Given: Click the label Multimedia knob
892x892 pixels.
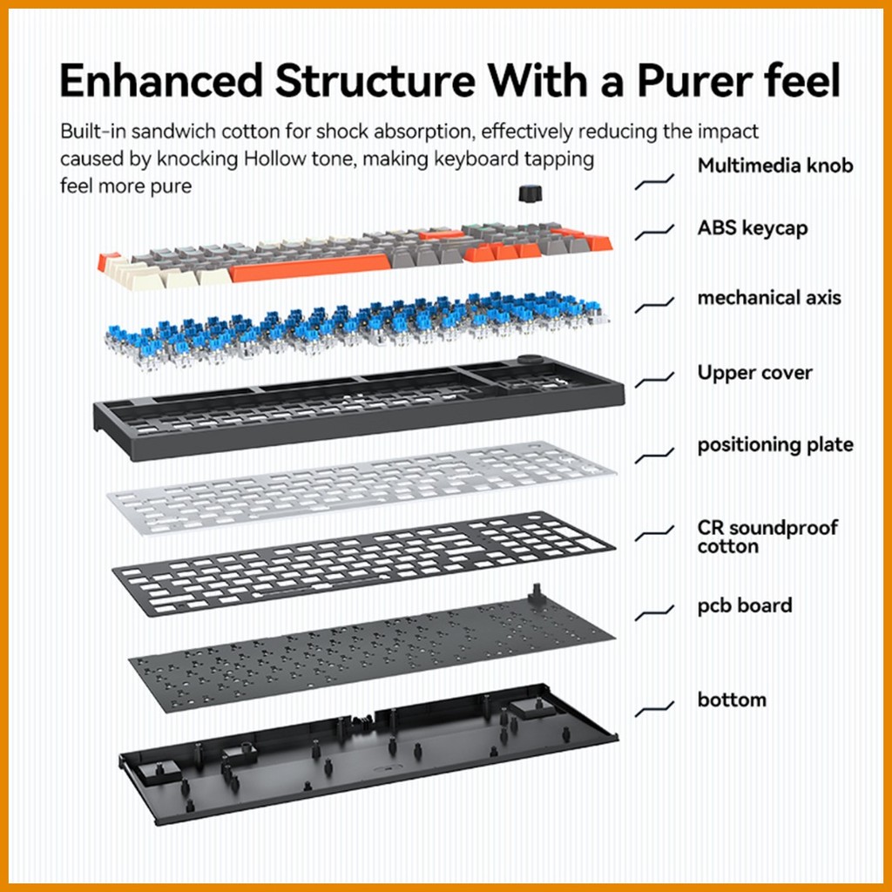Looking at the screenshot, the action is click(774, 166).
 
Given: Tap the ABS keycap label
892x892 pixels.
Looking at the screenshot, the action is click(752, 228).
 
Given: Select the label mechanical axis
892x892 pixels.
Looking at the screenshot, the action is click(769, 298).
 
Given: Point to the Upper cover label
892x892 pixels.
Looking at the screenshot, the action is click(754, 373).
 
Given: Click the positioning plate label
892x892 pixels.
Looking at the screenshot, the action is click(774, 445).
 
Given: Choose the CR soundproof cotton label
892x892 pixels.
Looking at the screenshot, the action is click(767, 537).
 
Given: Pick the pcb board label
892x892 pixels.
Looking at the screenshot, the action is click(744, 605).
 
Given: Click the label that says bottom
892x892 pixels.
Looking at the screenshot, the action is click(732, 699).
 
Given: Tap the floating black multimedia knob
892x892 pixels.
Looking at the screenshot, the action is click(530, 193).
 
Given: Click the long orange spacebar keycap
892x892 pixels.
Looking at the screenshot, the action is click(310, 268).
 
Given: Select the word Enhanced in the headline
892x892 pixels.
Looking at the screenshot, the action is click(161, 80).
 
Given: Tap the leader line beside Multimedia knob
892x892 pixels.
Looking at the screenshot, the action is click(654, 182).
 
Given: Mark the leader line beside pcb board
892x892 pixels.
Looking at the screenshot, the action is click(654, 613).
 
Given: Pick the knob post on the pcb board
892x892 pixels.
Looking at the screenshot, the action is click(536, 593).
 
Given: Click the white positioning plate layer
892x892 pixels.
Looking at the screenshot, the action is click(362, 488).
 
